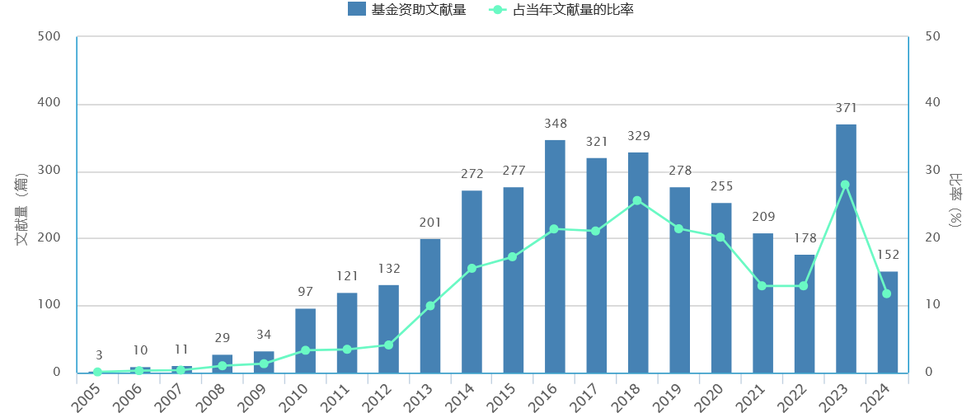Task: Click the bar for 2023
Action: (846, 248)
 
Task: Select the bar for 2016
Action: (555, 256)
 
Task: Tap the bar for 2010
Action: (305, 340)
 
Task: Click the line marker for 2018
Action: (637, 200)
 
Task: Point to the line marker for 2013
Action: (430, 306)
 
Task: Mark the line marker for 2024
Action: (887, 293)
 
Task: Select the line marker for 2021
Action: (762, 286)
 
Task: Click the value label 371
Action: (846, 108)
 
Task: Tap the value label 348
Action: (556, 124)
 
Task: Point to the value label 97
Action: (306, 292)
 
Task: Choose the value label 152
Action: (888, 255)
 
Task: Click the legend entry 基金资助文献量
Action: (406, 10)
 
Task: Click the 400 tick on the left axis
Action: (50, 104)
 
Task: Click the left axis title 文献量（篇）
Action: (22, 209)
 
